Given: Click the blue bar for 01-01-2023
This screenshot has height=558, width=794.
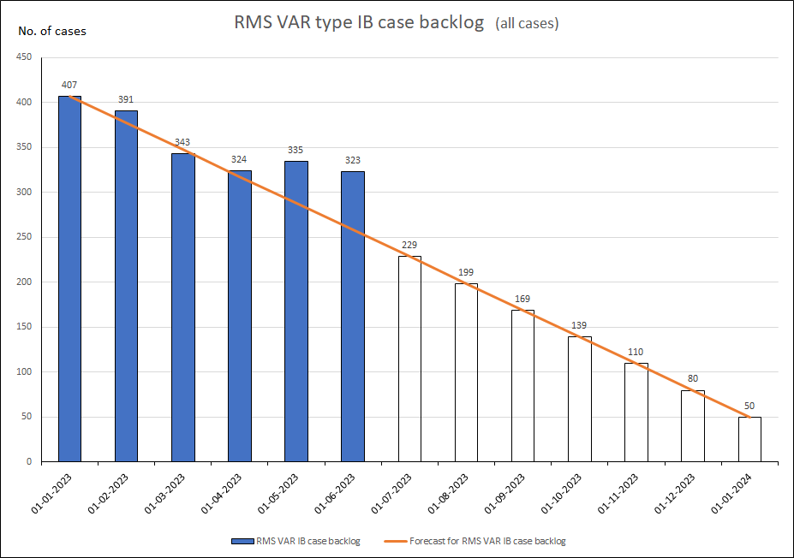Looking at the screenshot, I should (69, 279).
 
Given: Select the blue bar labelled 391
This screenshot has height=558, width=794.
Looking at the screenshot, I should (126, 286).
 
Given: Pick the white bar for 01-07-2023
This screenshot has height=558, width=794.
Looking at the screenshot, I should (409, 359).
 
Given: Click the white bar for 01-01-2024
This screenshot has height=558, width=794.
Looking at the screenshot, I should (749, 439).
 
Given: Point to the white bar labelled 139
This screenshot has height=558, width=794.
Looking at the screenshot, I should (580, 399).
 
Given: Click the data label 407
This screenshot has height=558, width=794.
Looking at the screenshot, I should (69, 85).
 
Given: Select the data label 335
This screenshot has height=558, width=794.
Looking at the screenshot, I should (296, 150).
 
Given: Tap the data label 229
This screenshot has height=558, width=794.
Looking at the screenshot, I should (409, 245).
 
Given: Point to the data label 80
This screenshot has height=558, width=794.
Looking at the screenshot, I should (693, 378).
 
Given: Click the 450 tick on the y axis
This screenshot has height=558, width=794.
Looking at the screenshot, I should (24, 57).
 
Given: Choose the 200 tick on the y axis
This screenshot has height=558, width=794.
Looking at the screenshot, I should (24, 282).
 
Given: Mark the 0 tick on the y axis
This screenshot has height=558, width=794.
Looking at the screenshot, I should (28, 462).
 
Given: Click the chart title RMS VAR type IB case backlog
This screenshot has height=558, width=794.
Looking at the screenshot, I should (360, 23).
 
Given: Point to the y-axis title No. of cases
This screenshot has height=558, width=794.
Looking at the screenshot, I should (52, 32).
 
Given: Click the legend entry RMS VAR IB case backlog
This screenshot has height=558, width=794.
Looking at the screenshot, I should (296, 541).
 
